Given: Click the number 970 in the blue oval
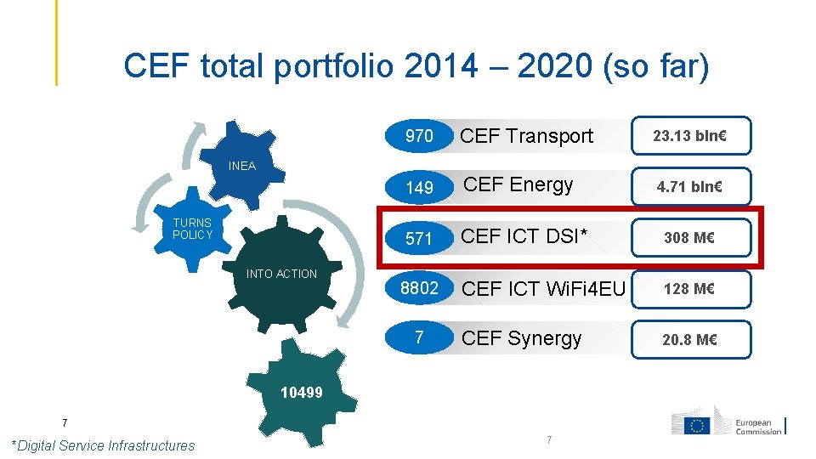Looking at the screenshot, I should tap(419, 136).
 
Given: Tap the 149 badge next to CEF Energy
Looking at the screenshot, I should tap(419, 187).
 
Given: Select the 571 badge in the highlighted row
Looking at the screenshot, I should tap(419, 239).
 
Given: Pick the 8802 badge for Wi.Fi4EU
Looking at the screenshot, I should tap(419, 288).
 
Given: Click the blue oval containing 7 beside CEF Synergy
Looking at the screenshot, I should tap(419, 337).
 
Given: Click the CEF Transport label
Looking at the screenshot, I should tap(526, 136).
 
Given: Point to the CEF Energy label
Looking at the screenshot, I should tap(518, 185).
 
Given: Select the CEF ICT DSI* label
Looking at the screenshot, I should tap(524, 237).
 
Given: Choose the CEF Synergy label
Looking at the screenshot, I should tap(521, 338).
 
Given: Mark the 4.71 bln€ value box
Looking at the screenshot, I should tap(689, 187).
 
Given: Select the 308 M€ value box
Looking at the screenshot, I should tap(689, 238).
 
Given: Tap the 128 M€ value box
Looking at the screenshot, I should tap(689, 289).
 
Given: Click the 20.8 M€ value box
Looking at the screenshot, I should tap(689, 340).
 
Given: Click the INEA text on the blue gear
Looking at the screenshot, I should tap(242, 166).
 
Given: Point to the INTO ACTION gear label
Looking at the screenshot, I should tap(281, 274).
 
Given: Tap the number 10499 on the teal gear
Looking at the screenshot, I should tap(302, 392).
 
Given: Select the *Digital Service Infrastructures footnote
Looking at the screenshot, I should tap(103, 445).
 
